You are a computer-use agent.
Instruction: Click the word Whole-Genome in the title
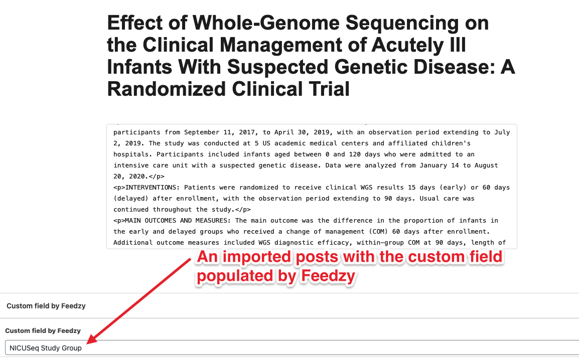(x=266, y=23)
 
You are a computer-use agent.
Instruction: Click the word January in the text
(x=433, y=165)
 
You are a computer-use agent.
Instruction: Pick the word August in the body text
(x=486, y=165)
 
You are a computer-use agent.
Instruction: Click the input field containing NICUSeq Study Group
(x=292, y=348)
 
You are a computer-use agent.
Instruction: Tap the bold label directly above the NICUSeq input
(x=43, y=331)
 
